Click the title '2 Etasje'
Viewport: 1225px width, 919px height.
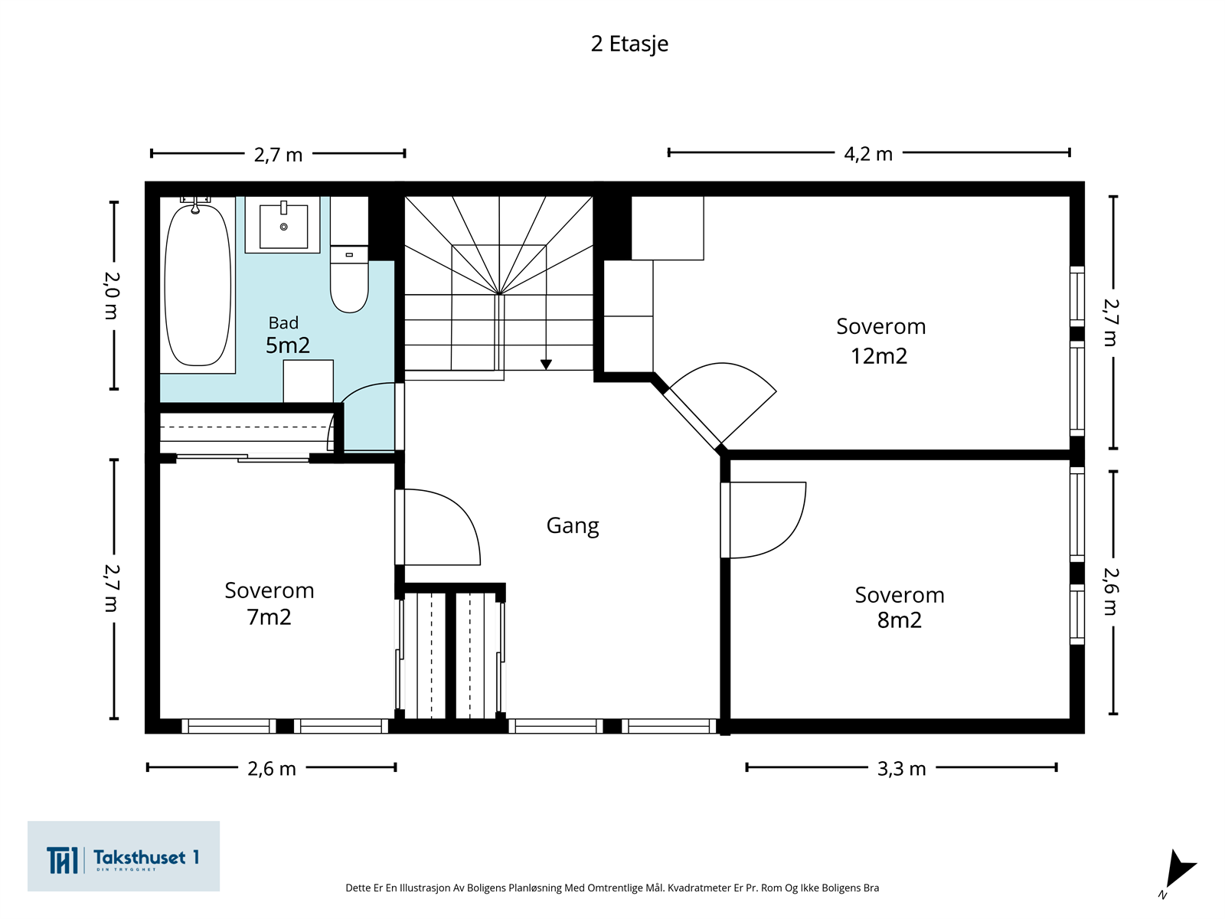(629, 44)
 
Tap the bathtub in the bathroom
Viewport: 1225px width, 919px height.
(198, 285)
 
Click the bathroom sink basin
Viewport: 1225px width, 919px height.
(283, 226)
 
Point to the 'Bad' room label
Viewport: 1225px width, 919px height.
(283, 323)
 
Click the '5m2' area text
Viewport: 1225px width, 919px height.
(287, 345)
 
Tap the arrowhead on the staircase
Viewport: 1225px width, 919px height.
(546, 365)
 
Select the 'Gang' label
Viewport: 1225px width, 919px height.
(573, 525)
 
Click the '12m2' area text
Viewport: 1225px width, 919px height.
(879, 356)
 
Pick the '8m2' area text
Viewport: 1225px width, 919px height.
(899, 620)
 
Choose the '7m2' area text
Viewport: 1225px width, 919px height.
(269, 617)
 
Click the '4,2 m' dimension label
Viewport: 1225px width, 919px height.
(868, 153)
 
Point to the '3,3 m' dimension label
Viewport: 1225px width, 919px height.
(901, 769)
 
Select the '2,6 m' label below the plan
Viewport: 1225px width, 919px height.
(271, 769)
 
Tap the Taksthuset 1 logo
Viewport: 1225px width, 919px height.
(123, 856)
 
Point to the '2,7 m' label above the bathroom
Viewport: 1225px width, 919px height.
(278, 155)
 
